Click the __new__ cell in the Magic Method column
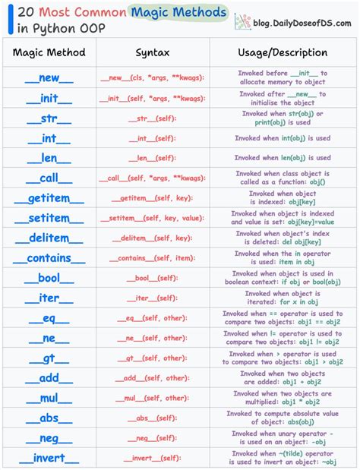[x=49, y=78]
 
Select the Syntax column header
[x=153, y=53]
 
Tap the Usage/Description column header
[x=283, y=53]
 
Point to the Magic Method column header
[x=49, y=53]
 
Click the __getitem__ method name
[x=49, y=198]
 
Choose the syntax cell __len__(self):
[x=153, y=158]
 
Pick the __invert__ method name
[x=49, y=458]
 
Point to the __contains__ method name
[x=49, y=258]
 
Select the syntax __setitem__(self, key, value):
[x=153, y=218]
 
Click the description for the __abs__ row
[x=283, y=418]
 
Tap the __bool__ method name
[x=49, y=278]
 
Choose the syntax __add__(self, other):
[x=153, y=378]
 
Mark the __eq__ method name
[x=49, y=318]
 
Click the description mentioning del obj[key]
[x=283, y=238]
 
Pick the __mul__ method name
[x=49, y=398]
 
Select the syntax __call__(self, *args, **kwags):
[x=153, y=178]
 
